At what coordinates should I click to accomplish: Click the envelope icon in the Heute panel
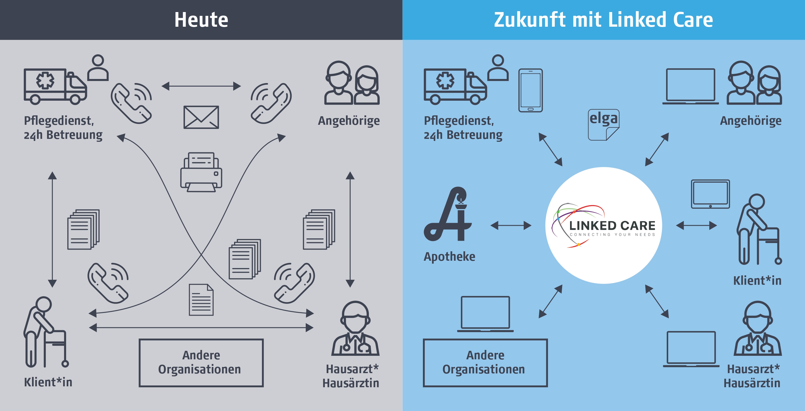[x=201, y=117]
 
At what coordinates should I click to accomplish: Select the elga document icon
[x=604, y=124]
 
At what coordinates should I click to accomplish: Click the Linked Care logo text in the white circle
[x=612, y=225]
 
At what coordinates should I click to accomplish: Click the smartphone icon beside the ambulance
[x=530, y=90]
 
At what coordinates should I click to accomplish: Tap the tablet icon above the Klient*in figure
[x=710, y=194]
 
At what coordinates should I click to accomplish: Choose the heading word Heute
[x=201, y=20]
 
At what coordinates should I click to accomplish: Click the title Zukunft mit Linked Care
[x=603, y=20]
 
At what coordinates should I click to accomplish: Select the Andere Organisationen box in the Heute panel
[x=201, y=363]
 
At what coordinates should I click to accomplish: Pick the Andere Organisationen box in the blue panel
[x=485, y=363]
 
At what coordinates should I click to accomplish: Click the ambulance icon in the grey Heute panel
[x=55, y=86]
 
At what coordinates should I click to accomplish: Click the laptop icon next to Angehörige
[x=690, y=86]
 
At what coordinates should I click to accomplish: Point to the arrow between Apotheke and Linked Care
[x=511, y=225]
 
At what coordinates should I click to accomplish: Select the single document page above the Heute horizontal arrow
[x=201, y=299]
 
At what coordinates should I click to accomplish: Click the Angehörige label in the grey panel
[x=349, y=121]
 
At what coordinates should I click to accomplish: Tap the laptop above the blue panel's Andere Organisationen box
[x=485, y=314]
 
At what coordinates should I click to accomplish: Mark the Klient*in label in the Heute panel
[x=48, y=382]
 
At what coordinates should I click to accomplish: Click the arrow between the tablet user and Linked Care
[x=696, y=225]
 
